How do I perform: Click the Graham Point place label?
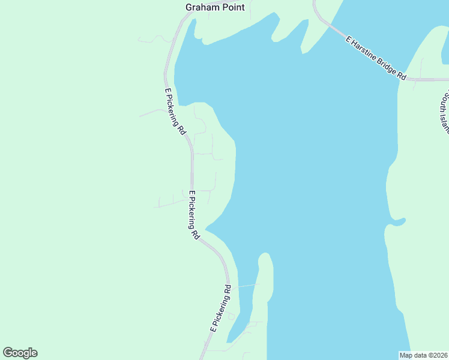tap(214, 8)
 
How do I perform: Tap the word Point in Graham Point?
tap(231, 8)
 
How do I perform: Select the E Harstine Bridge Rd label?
tap(376, 58)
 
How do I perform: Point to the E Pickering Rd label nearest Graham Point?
tap(175, 112)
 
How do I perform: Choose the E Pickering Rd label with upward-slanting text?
tap(221, 310)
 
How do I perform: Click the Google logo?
tap(20, 353)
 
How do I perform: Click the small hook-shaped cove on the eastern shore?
tap(396, 224)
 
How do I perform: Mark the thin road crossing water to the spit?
tap(247, 286)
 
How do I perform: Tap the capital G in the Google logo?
tap(8, 353)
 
